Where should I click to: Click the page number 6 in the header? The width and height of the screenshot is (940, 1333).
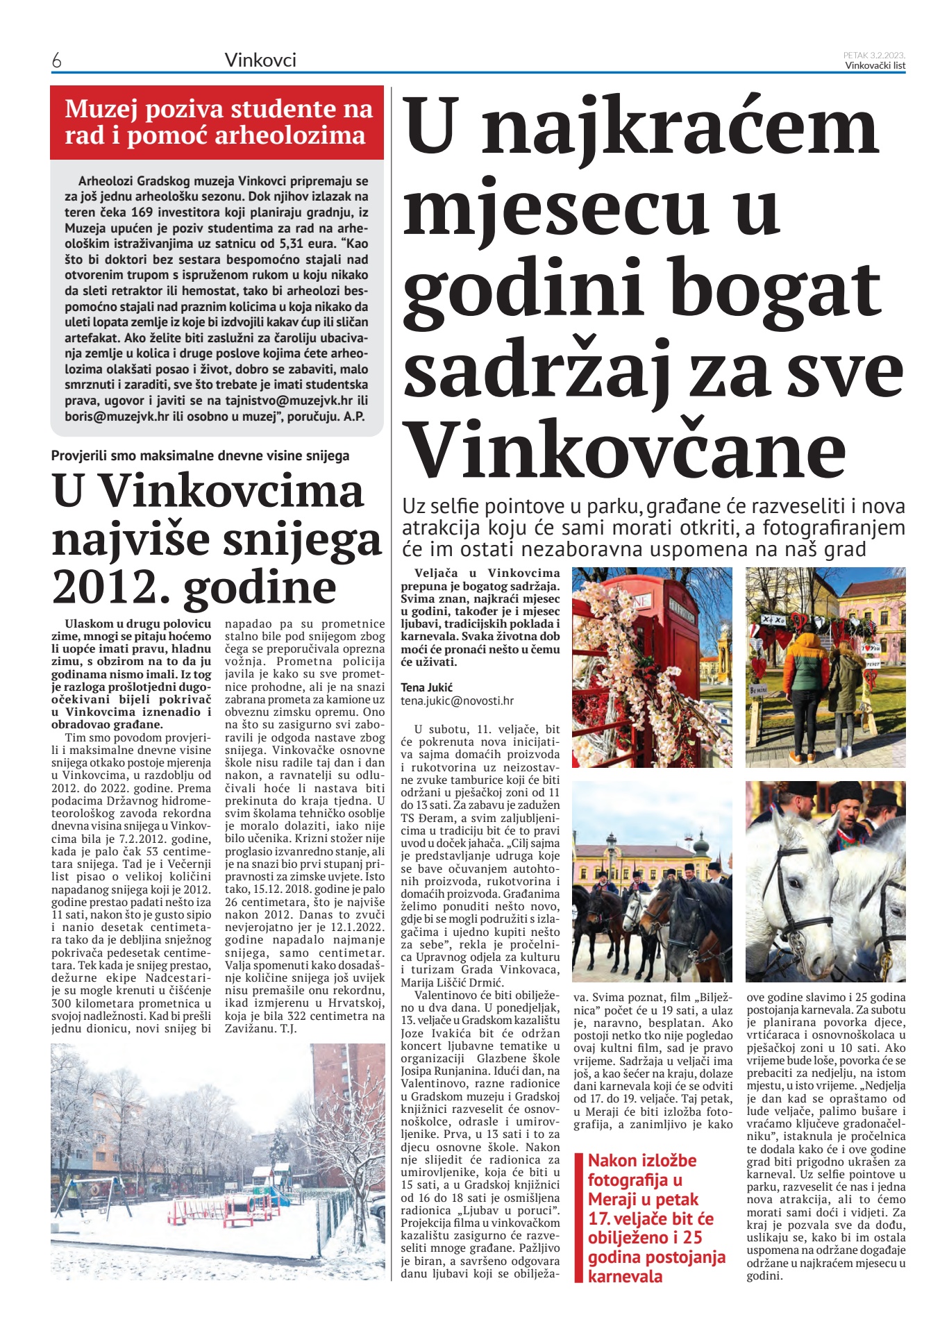tap(56, 61)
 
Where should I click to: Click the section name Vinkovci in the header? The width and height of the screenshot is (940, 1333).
tap(260, 60)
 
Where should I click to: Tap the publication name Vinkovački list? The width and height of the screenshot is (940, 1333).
tap(875, 66)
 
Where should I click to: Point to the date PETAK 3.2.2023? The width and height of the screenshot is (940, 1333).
tap(874, 55)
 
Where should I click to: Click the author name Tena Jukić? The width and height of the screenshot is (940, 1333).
tap(426, 687)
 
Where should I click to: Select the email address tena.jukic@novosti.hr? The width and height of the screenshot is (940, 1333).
tap(457, 701)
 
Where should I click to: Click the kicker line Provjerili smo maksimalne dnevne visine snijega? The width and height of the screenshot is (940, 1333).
tap(200, 455)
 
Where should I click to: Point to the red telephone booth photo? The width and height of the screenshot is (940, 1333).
tap(653, 666)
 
